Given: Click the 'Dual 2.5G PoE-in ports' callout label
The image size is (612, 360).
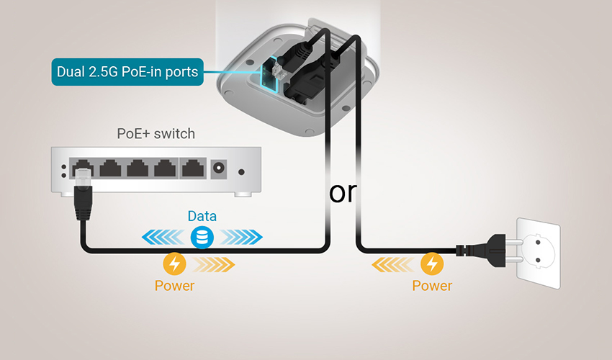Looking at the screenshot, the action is click(x=127, y=72).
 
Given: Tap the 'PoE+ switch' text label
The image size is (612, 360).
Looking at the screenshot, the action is click(x=156, y=133).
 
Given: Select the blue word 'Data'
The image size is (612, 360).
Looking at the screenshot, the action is click(x=202, y=216).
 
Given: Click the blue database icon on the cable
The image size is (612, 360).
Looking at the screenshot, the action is click(x=202, y=237).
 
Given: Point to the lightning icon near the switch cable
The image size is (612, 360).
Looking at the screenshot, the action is click(x=174, y=264).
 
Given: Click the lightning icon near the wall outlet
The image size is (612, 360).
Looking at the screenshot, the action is click(x=432, y=264).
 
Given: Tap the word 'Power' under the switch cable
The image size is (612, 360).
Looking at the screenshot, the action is click(x=174, y=286).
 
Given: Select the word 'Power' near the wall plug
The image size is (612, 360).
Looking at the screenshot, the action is click(x=432, y=286).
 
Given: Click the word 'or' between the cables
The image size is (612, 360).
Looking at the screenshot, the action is click(x=343, y=192).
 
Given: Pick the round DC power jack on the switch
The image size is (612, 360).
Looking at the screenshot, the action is click(x=219, y=168).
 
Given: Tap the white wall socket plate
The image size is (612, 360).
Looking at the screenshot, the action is click(x=539, y=253).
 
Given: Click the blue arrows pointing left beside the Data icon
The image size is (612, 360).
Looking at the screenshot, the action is click(x=163, y=237).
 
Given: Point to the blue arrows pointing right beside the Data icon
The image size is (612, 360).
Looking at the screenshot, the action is click(x=241, y=237).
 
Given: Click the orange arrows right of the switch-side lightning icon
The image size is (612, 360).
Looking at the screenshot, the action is click(x=213, y=264).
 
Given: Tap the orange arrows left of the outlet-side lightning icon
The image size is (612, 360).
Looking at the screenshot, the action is click(x=393, y=264).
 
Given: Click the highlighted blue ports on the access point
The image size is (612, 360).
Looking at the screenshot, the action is click(x=271, y=76).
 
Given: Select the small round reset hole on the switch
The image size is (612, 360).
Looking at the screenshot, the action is click(x=242, y=172).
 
